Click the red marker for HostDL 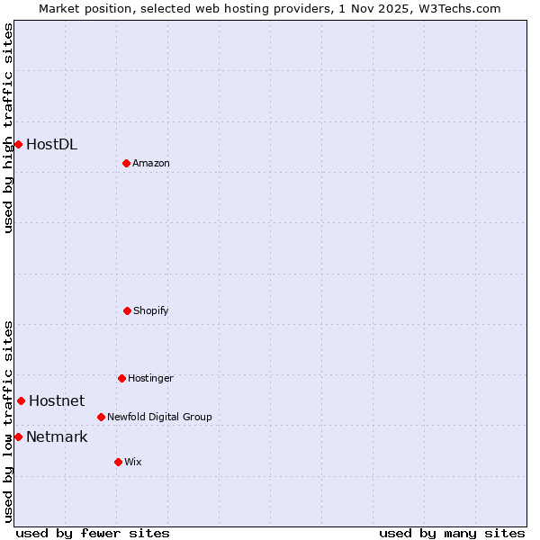point(18,144)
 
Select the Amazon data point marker point(126,163)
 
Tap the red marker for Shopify point(127,310)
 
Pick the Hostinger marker point(121,378)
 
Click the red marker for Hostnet point(21,400)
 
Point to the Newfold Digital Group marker point(101,417)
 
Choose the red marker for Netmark point(18,436)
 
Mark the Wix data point point(118,462)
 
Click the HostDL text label point(51,144)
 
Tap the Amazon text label point(151,163)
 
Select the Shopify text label point(151,310)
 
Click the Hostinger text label point(150,378)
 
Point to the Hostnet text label point(57,400)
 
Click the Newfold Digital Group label point(159,417)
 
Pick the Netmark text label point(57,436)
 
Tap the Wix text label point(133,462)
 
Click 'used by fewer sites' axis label point(93,533)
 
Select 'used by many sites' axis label point(452,533)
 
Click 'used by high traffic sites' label point(9,128)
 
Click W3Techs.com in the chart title point(455,8)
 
